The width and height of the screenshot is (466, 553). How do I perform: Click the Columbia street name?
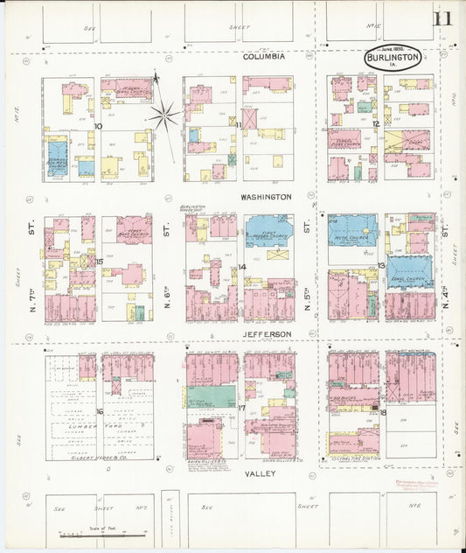263,56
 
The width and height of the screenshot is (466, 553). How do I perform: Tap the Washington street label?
266,197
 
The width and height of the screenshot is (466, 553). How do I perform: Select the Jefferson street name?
265,334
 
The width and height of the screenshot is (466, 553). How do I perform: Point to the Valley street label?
260,473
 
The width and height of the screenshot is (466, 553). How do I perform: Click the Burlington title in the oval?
393,56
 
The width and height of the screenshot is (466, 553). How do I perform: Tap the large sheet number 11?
442,18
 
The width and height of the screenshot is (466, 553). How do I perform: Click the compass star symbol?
163,114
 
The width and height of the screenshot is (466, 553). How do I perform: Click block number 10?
100,126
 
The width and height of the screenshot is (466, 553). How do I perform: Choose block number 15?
100,261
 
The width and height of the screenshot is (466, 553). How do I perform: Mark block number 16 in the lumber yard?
100,411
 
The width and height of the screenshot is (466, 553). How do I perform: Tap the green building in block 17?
211,396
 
